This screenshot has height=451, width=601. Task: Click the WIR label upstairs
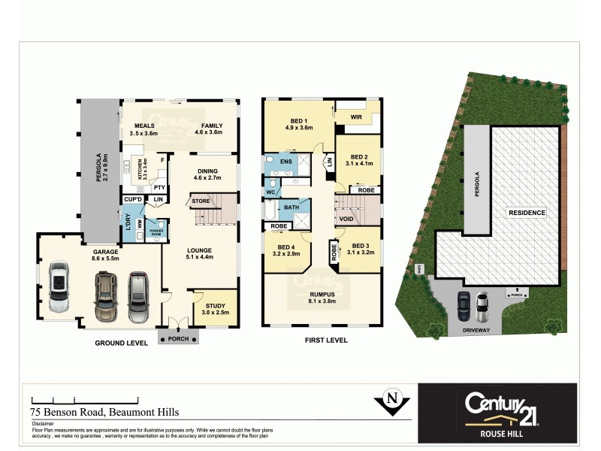click(x=356, y=117)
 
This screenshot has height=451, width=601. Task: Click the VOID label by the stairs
click(x=346, y=219)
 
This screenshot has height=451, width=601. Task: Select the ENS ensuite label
click(x=285, y=161)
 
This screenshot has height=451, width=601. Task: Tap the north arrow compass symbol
click(x=391, y=401)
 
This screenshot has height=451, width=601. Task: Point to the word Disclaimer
click(x=44, y=423)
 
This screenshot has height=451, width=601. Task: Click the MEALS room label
click(x=143, y=126)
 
